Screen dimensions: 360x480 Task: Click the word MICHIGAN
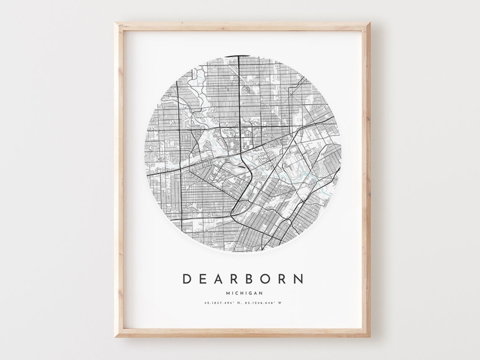tap(244, 293)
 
